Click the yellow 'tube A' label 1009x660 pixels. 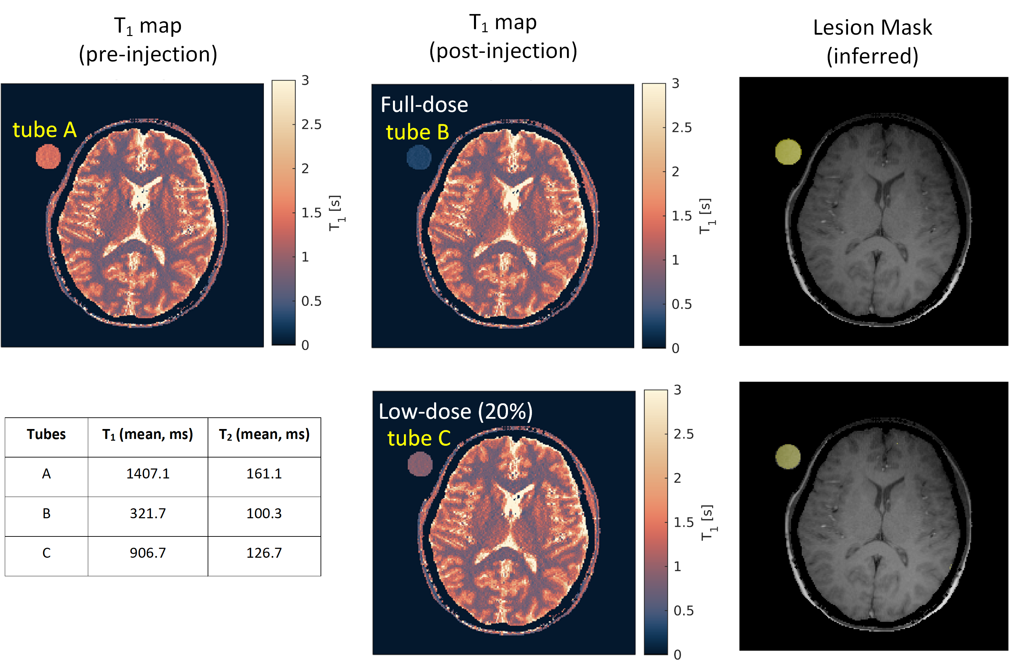(45, 129)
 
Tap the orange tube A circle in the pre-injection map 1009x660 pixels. (48, 157)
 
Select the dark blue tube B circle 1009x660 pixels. (419, 157)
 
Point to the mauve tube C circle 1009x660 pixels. (420, 464)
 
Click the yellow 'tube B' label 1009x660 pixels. (418, 132)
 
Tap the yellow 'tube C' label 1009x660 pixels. (419, 438)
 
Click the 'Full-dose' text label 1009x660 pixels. (425, 104)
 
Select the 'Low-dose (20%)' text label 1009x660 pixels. (456, 411)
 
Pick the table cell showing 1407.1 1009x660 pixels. (148, 474)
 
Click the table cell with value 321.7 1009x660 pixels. (148, 513)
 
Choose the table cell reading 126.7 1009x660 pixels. (264, 553)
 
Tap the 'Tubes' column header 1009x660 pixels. (46, 434)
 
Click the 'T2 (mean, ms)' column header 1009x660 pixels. (264, 435)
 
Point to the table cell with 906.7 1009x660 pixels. (148, 553)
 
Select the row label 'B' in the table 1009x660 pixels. (47, 513)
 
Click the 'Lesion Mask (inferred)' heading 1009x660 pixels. (872, 42)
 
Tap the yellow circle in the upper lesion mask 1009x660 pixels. (788, 151)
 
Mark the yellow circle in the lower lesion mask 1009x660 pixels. (788, 456)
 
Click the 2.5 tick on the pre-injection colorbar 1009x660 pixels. (311, 125)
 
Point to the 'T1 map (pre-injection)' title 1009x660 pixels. (148, 40)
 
